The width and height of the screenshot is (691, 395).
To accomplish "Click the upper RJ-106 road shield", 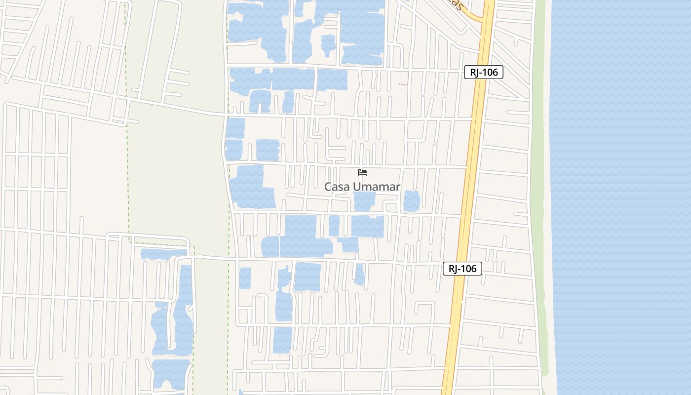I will point(483,72).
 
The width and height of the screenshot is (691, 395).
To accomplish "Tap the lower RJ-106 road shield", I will point(462,269).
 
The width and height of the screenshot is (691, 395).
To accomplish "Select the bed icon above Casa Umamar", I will point(362,172).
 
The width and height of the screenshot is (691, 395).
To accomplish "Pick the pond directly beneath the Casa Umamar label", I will point(364,201).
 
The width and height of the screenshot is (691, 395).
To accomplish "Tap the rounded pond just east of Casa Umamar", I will point(412,201).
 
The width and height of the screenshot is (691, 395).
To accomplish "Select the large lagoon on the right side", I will point(622,197).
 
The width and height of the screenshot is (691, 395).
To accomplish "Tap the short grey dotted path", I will point(403,84).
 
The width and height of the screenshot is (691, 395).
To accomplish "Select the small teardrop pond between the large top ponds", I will point(328,44).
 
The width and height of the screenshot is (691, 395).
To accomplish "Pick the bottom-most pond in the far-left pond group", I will point(170,373).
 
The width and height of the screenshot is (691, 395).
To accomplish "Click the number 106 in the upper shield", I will point(489,72).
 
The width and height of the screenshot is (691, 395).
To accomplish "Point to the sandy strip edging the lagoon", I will point(547,197).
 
